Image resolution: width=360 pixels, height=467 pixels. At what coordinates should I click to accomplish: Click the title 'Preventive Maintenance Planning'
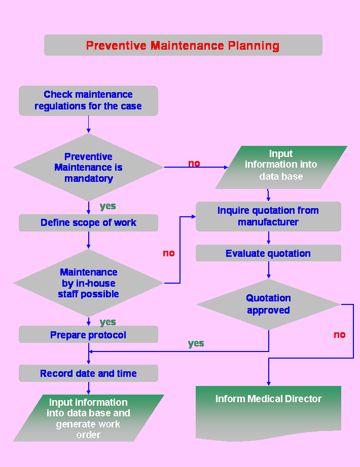[183, 46]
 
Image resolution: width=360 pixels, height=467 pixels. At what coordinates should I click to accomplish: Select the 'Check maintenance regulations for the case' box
[88, 100]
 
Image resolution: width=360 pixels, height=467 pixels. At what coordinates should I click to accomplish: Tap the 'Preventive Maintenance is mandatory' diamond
[88, 167]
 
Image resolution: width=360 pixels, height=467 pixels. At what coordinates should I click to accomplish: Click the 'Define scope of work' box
[88, 223]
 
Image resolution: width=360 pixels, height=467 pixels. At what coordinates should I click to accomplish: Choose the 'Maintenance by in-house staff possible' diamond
[88, 283]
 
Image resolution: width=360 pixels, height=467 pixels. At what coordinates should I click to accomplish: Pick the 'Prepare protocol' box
[88, 335]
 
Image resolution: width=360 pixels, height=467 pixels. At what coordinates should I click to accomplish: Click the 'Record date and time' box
[88, 374]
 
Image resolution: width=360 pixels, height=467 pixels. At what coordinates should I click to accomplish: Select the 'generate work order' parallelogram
[88, 418]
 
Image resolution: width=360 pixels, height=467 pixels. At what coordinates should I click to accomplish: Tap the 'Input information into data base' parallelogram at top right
[281, 166]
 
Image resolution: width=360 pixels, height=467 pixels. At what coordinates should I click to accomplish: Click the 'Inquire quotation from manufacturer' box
[268, 216]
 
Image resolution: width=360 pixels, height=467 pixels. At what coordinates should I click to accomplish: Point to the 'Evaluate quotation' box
[268, 253]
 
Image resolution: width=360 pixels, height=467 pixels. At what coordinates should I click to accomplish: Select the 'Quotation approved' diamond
[268, 304]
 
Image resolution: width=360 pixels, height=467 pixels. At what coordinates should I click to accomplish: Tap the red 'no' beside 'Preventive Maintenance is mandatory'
[194, 164]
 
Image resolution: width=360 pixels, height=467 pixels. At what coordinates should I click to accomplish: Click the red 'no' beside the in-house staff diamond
[169, 253]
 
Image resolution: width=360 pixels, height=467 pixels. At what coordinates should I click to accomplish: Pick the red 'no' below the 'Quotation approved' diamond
[340, 335]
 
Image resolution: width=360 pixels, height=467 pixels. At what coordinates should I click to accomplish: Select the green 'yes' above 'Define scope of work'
[107, 206]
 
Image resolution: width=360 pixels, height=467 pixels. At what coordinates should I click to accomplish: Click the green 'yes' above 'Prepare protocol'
[107, 322]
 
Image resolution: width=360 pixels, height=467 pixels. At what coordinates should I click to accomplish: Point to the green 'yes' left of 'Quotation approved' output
[196, 343]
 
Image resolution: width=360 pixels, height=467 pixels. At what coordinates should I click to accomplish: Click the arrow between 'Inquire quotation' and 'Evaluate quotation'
[268, 238]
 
